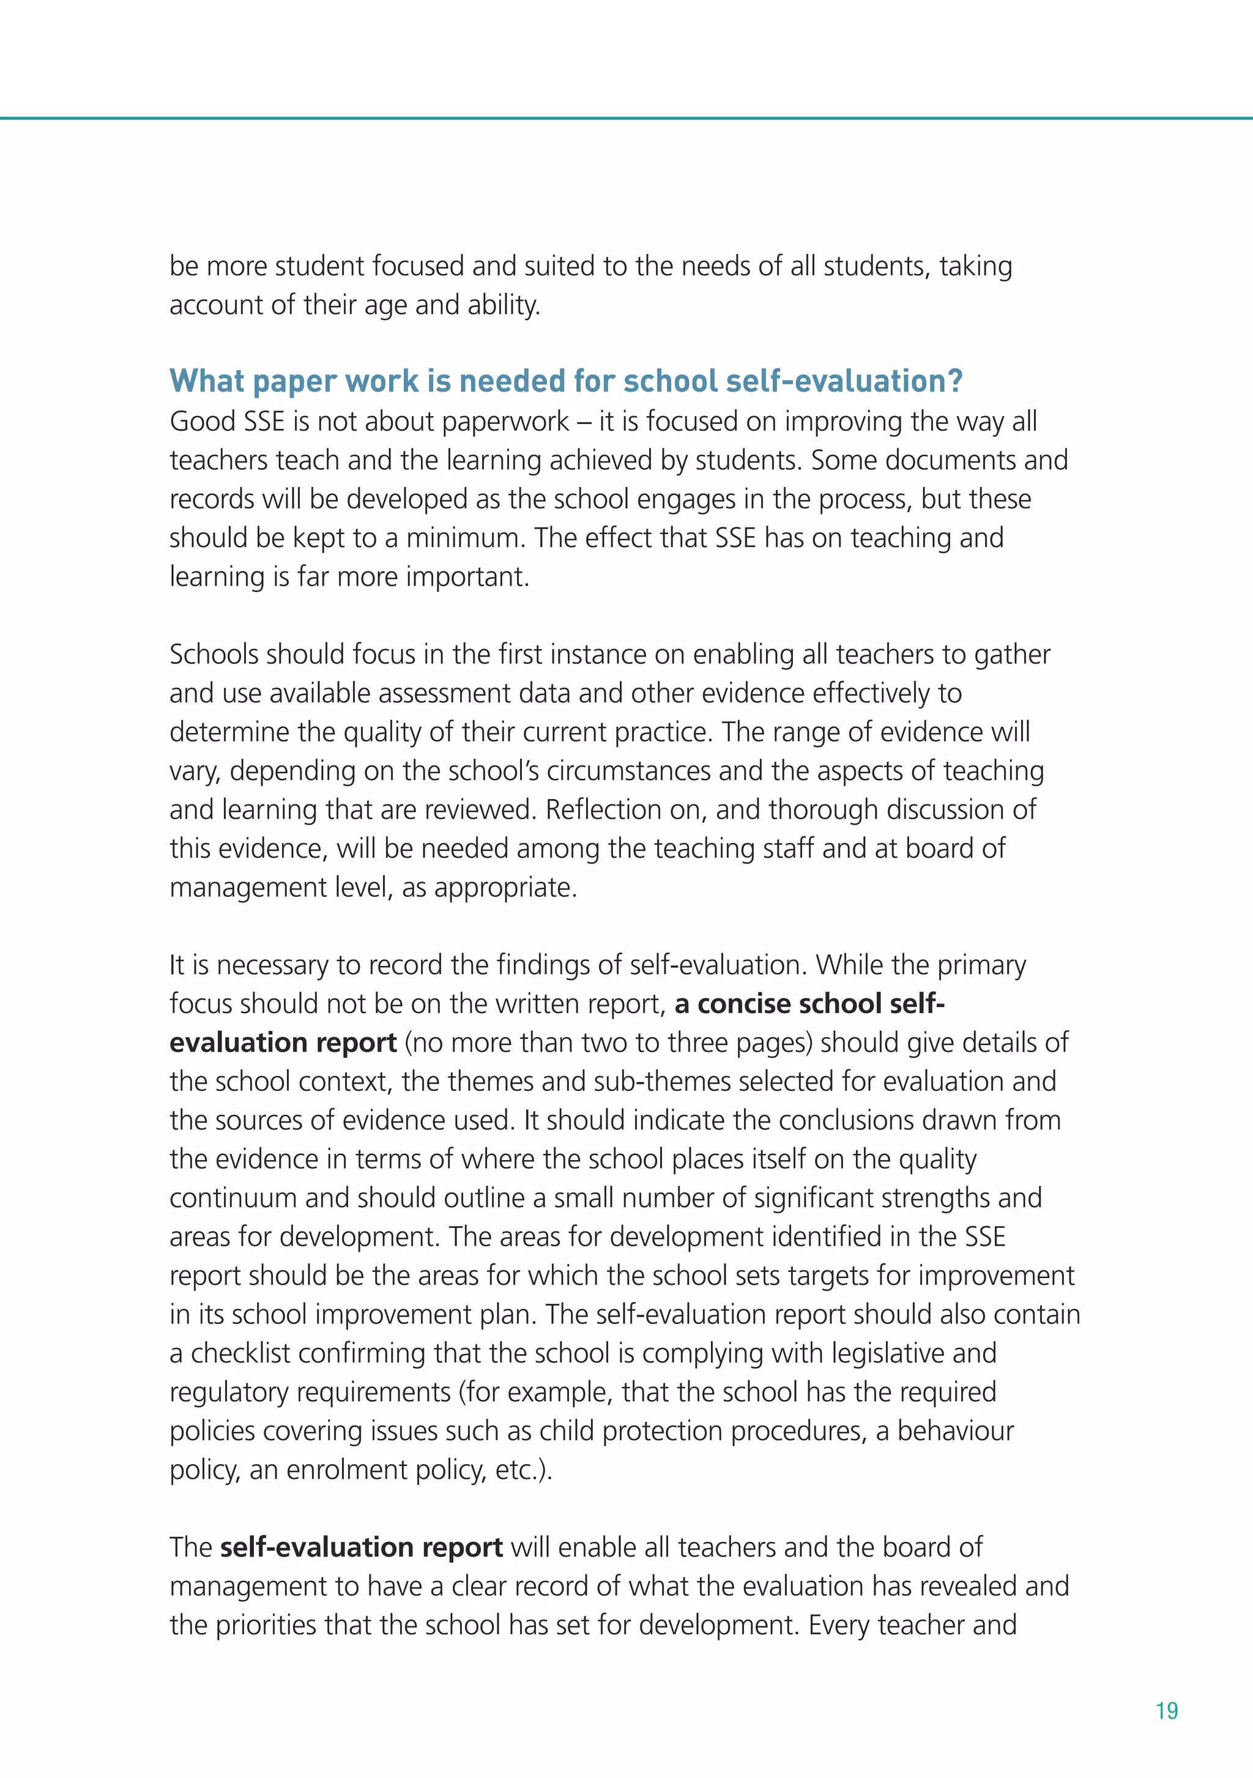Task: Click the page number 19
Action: tap(1166, 1711)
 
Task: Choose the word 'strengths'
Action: tap(935, 1198)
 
